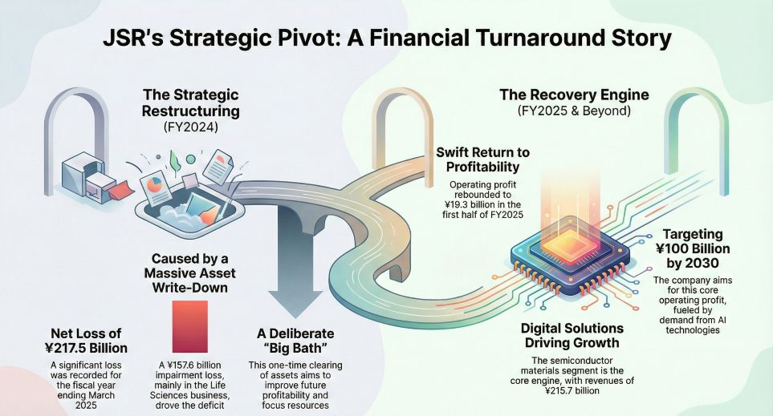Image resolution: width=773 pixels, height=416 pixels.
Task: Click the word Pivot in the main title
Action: [314, 38]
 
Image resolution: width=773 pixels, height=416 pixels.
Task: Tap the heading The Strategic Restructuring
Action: [190, 103]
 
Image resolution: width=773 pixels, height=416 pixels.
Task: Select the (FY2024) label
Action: [190, 127]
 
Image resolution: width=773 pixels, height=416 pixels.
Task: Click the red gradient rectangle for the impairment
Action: [189, 326]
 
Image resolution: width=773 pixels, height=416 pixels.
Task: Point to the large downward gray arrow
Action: [295, 261]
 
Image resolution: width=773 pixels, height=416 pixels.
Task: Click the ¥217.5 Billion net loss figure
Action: [86, 348]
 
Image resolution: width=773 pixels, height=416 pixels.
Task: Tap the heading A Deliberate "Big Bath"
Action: [295, 341]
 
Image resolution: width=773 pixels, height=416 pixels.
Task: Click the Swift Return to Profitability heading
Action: [482, 160]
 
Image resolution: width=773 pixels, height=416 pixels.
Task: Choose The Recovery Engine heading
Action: [574, 95]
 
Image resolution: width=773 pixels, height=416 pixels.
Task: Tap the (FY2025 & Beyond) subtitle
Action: [574, 111]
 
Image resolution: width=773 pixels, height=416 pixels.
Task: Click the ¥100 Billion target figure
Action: [694, 248]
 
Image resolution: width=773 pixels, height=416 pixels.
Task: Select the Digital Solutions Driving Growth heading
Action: [572, 335]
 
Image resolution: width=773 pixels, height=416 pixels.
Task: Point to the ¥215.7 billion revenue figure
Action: [572, 391]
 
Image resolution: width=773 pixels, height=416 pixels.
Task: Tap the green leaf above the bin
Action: [174, 161]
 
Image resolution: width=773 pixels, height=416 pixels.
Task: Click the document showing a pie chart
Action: [156, 189]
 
